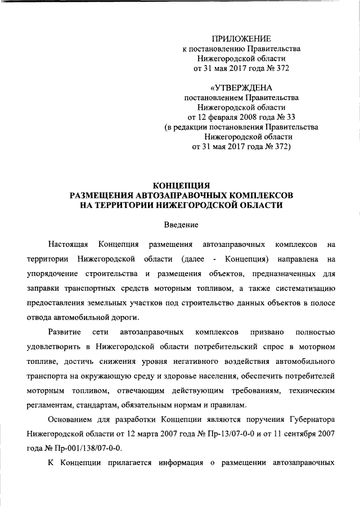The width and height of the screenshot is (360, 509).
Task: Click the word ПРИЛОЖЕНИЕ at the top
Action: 241,39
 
